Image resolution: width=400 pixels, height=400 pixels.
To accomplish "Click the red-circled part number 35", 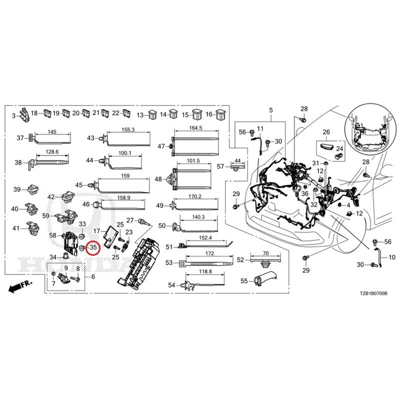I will [x=93, y=247].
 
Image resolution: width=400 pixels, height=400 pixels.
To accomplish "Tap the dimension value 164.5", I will [x=196, y=128].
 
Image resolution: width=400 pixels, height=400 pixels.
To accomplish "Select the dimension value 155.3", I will [x=128, y=129].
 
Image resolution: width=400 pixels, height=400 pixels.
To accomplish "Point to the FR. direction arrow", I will [x=20, y=286].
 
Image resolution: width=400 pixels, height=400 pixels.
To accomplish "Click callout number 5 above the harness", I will [x=271, y=110].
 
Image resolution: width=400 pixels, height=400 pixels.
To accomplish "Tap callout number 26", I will [x=326, y=132].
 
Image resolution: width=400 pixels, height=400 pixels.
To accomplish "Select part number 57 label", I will [x=221, y=166].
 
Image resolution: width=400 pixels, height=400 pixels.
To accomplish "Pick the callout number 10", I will [x=391, y=257].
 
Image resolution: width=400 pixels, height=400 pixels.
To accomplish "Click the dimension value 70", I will [x=265, y=253].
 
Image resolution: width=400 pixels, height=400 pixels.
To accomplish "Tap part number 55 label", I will [x=244, y=281].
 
